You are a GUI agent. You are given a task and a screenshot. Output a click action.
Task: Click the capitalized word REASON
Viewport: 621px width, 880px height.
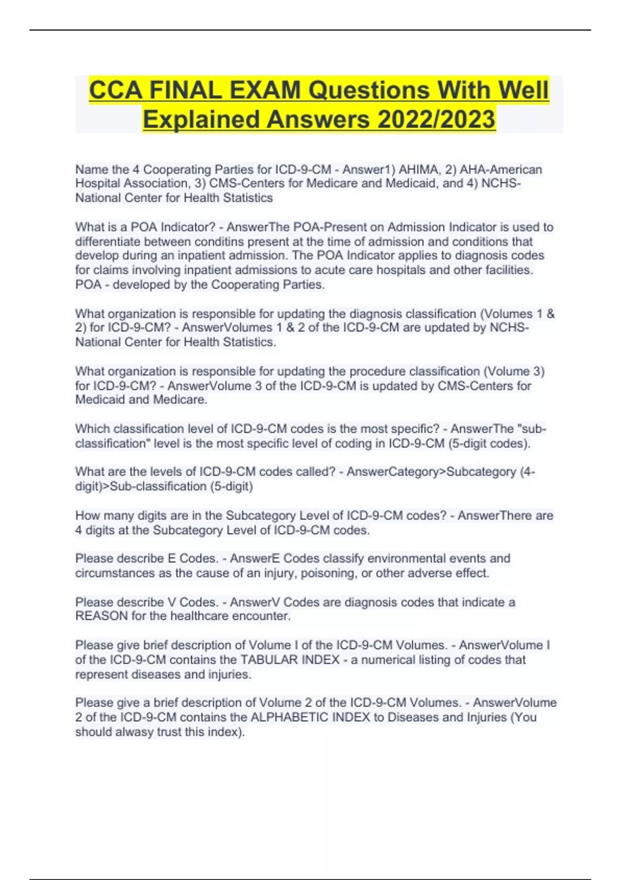101,616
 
